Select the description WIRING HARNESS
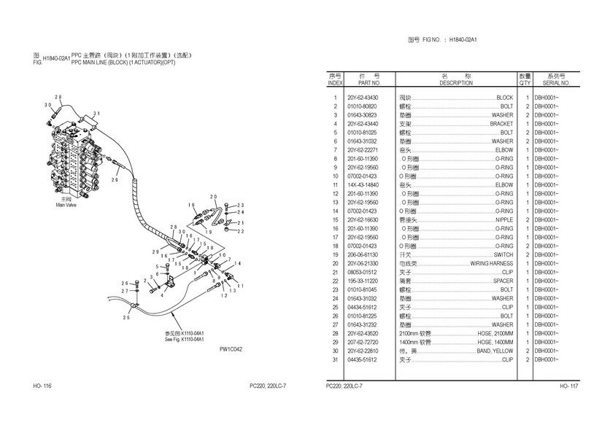tap(492, 263)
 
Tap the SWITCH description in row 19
tap(504, 254)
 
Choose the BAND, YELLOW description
tap(494, 351)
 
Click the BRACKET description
tap(501, 124)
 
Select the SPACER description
tap(503, 281)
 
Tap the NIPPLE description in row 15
tap(504, 219)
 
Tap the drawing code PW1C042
tap(231, 349)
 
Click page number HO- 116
tap(42, 385)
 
